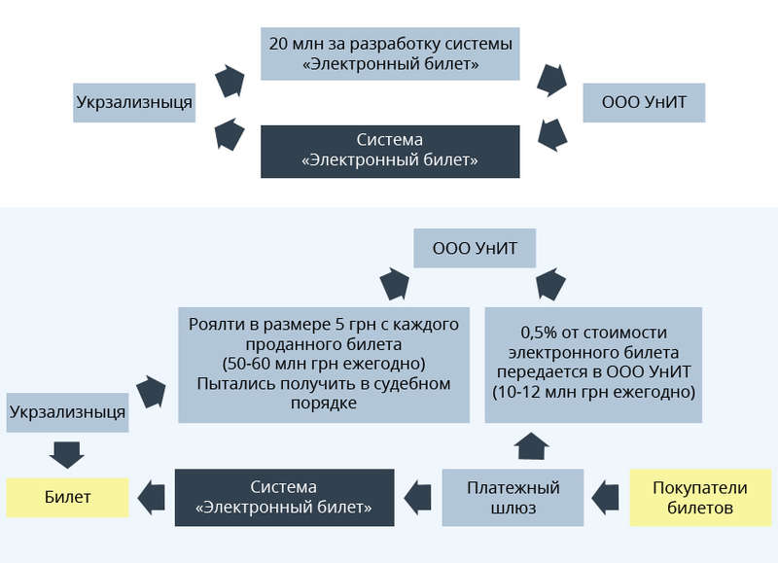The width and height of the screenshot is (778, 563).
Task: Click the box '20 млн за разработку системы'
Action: [x=390, y=54]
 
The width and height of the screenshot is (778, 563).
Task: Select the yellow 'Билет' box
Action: [x=67, y=497]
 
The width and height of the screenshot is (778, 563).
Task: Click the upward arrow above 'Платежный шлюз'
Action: [x=530, y=446]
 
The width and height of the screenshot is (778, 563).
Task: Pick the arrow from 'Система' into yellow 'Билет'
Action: [x=151, y=497]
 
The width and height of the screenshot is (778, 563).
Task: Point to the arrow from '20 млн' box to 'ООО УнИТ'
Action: [x=551, y=80]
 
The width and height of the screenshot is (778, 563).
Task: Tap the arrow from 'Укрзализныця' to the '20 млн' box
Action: [x=229, y=80]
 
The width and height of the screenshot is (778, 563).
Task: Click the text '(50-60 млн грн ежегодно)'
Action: [x=318, y=364]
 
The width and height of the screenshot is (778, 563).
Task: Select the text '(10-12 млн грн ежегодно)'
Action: [x=594, y=392]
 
